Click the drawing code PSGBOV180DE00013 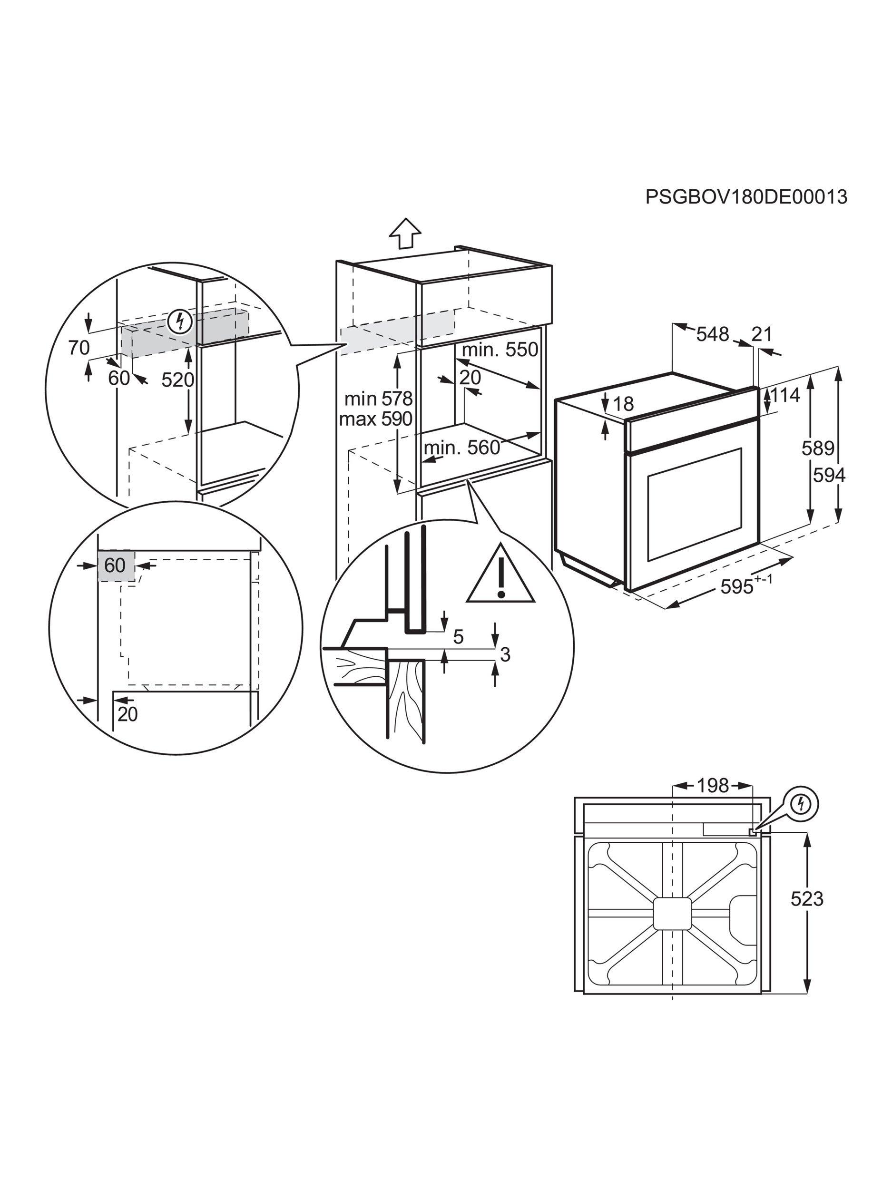pyautogui.click(x=746, y=197)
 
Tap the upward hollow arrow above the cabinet pyautogui.click(x=405, y=234)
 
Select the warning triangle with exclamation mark pyautogui.click(x=500, y=577)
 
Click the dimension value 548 pyautogui.click(x=713, y=334)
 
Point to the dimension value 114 pyautogui.click(x=785, y=396)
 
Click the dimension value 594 pyautogui.click(x=829, y=475)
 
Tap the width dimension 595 pyautogui.click(x=739, y=587)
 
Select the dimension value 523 pyautogui.click(x=806, y=899)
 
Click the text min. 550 pyautogui.click(x=500, y=350)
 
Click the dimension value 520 pyautogui.click(x=177, y=380)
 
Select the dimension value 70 pyautogui.click(x=79, y=348)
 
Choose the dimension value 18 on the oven pyautogui.click(x=623, y=404)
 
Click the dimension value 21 pyautogui.click(x=761, y=334)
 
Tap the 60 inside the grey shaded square pyautogui.click(x=115, y=565)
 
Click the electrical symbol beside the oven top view pyautogui.click(x=801, y=804)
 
